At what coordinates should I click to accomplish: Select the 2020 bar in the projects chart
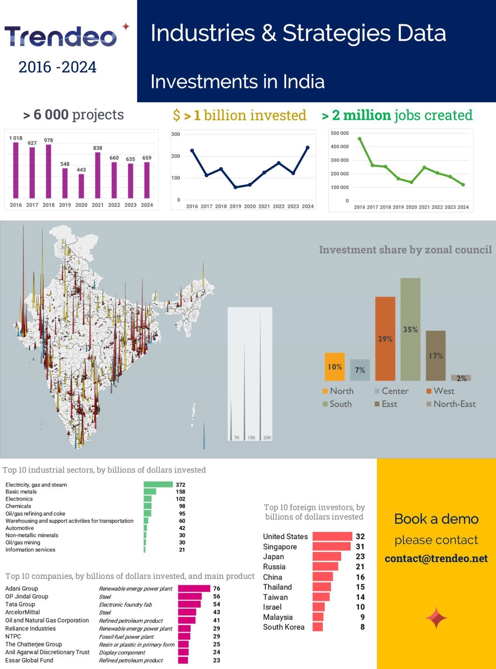pyautogui.click(x=81, y=186)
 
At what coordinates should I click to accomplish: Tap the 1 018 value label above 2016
pyautogui.click(x=16, y=138)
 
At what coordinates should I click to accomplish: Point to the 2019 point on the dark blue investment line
pyautogui.click(x=235, y=187)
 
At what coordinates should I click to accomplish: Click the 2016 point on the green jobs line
pyautogui.click(x=360, y=139)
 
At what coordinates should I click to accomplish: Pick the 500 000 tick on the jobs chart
pyautogui.click(x=339, y=133)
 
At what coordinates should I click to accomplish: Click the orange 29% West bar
pyautogui.click(x=385, y=339)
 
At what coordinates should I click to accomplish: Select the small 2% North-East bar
pyautogui.click(x=461, y=378)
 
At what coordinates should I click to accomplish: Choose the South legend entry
pyautogui.click(x=337, y=404)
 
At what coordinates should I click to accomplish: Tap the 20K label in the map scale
pyautogui.click(x=267, y=438)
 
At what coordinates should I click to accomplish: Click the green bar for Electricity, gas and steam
pyautogui.click(x=158, y=485)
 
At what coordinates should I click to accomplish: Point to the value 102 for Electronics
pyautogui.click(x=181, y=499)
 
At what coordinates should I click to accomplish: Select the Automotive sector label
pyautogui.click(x=19, y=528)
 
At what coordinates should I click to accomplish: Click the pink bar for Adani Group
pyautogui.click(x=194, y=588)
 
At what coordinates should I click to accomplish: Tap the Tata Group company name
pyautogui.click(x=20, y=604)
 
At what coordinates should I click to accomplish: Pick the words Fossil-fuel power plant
pyautogui.click(x=126, y=636)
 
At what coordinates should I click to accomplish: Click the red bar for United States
pyautogui.click(x=332, y=537)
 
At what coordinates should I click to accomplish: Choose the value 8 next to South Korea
pyautogui.click(x=362, y=627)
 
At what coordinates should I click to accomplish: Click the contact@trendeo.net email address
pyautogui.click(x=436, y=559)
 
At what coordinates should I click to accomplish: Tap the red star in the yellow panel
pyautogui.click(x=436, y=618)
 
